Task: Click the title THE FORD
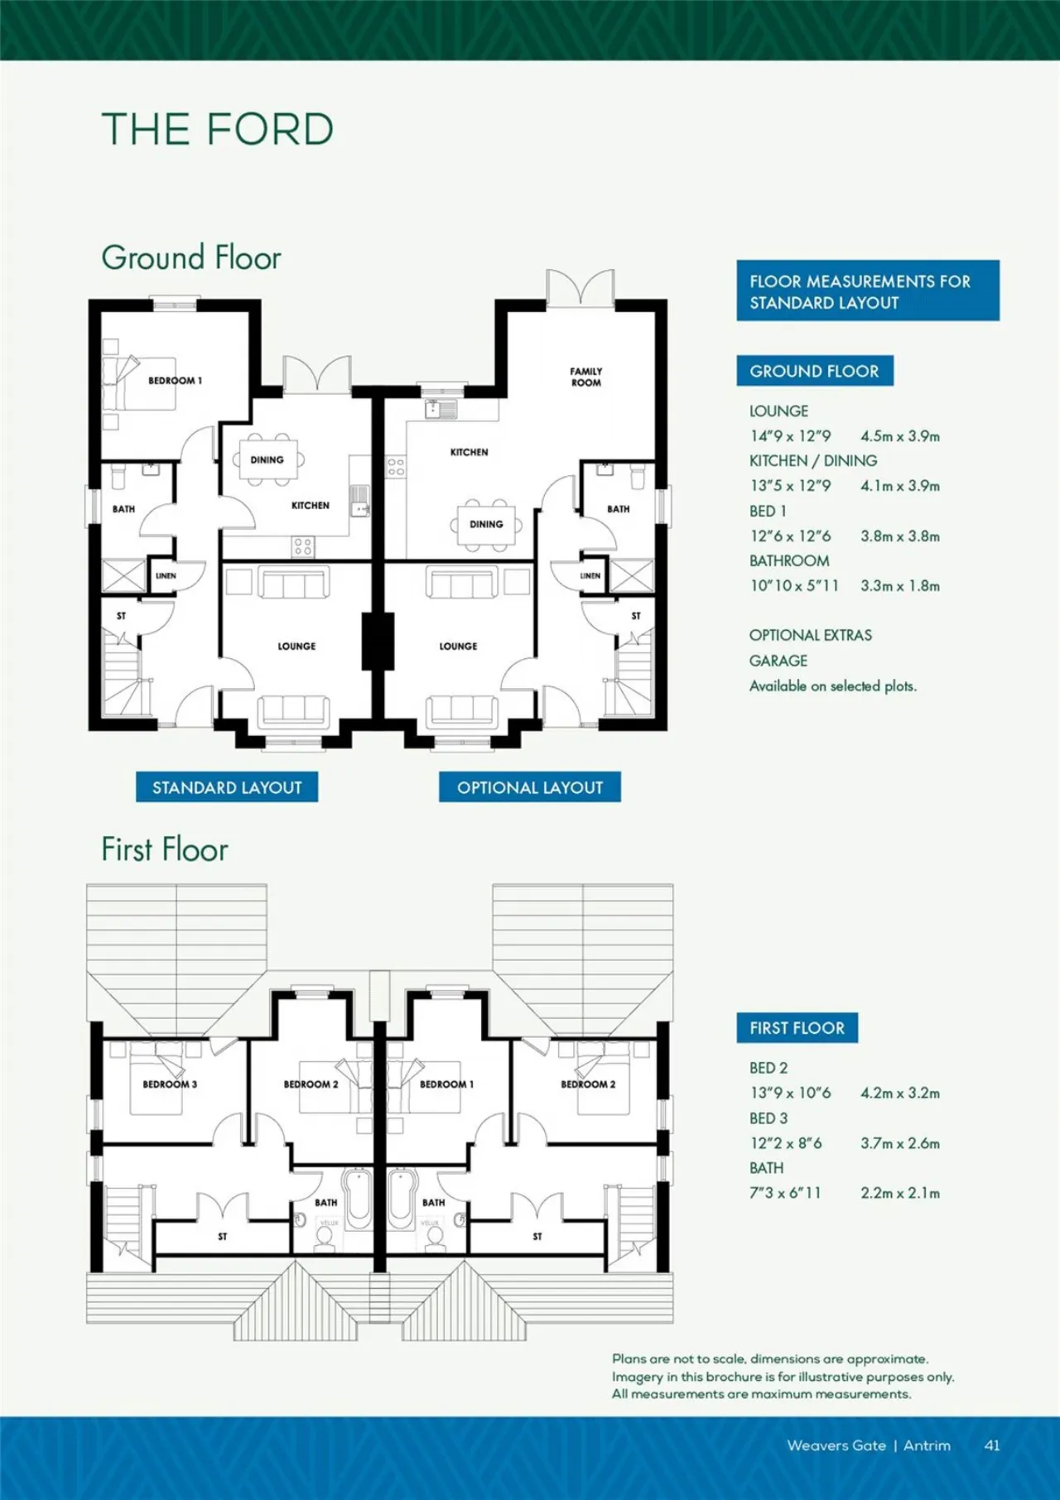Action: tap(218, 130)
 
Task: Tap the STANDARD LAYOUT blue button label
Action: tap(227, 787)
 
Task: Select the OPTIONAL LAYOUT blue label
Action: tap(530, 787)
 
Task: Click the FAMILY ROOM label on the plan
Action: tap(586, 377)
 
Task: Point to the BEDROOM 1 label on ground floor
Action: tap(175, 381)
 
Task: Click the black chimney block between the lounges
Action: tap(378, 641)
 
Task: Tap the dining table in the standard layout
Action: tap(267, 460)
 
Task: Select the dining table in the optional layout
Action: tap(486, 525)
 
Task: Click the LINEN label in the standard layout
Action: tap(166, 575)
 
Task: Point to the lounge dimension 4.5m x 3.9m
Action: tap(900, 436)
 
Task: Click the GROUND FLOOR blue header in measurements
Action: tap(815, 371)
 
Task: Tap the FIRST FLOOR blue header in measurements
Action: tap(797, 1028)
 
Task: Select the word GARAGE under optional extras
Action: tap(778, 661)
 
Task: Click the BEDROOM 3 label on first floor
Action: tap(170, 1084)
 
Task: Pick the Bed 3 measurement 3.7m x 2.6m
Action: tap(900, 1143)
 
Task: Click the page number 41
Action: tap(992, 1445)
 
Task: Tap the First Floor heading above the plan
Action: tap(165, 850)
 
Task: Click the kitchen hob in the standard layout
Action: tap(303, 546)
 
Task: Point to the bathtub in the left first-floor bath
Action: tap(358, 1198)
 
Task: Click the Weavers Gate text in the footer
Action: tap(836, 1445)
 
